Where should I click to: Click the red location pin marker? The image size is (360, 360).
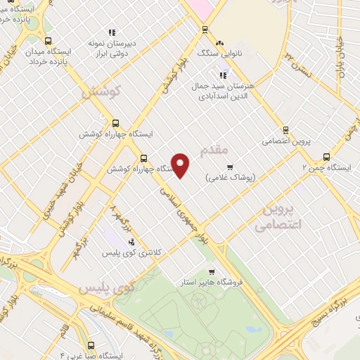[181, 165]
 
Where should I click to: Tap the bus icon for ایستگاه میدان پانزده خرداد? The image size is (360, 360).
[48, 41]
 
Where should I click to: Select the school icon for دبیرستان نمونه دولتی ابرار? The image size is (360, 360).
[111, 32]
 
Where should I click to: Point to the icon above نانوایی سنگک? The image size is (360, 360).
[219, 42]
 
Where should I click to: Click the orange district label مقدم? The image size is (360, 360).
[215, 150]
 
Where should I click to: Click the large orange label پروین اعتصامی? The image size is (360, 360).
[276, 217]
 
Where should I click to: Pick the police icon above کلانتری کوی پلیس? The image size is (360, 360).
[132, 241]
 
